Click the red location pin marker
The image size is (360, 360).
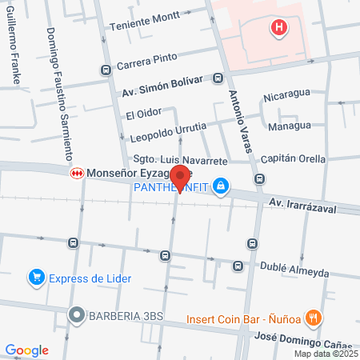(x=181, y=178)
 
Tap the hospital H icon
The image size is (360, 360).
(x=278, y=29)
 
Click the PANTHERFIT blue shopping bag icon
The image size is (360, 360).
(x=220, y=188)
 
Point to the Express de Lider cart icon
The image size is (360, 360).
(x=35, y=278)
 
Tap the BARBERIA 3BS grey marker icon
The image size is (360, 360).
(x=76, y=315)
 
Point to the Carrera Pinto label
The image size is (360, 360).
(x=146, y=59)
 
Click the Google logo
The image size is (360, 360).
(x=26, y=350)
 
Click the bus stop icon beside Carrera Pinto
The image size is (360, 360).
(x=106, y=70)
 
